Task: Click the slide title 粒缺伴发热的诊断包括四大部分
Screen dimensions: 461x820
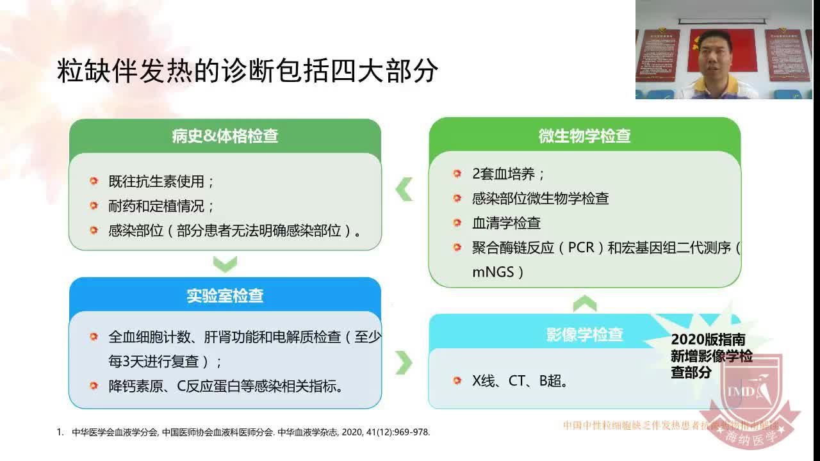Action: pyautogui.click(x=247, y=72)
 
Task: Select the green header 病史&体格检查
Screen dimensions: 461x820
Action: pyautogui.click(x=225, y=136)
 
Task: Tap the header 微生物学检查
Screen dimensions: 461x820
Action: pyautogui.click(x=584, y=136)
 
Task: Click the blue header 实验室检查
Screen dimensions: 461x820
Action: pyautogui.click(x=225, y=295)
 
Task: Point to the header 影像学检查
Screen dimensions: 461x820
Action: pyautogui.click(x=584, y=334)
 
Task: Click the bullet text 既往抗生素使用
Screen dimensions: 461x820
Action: pyautogui.click(x=161, y=181)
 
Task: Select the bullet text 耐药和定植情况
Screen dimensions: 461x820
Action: pyautogui.click(x=161, y=206)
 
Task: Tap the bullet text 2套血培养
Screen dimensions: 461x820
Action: pyautogui.click(x=509, y=174)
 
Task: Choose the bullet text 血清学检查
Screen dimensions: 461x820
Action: pyautogui.click(x=506, y=223)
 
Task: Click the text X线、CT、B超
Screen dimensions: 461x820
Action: pyautogui.click(x=520, y=381)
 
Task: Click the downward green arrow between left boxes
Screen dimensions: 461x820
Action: pyautogui.click(x=225, y=263)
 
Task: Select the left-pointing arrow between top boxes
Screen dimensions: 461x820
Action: pyautogui.click(x=404, y=190)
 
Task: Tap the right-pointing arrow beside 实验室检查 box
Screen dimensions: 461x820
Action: pyautogui.click(x=404, y=362)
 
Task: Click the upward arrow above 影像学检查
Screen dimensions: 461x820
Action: pyautogui.click(x=584, y=303)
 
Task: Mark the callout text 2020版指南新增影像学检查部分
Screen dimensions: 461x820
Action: pyautogui.click(x=711, y=356)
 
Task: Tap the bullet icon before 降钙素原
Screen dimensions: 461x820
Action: pyautogui.click(x=94, y=385)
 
